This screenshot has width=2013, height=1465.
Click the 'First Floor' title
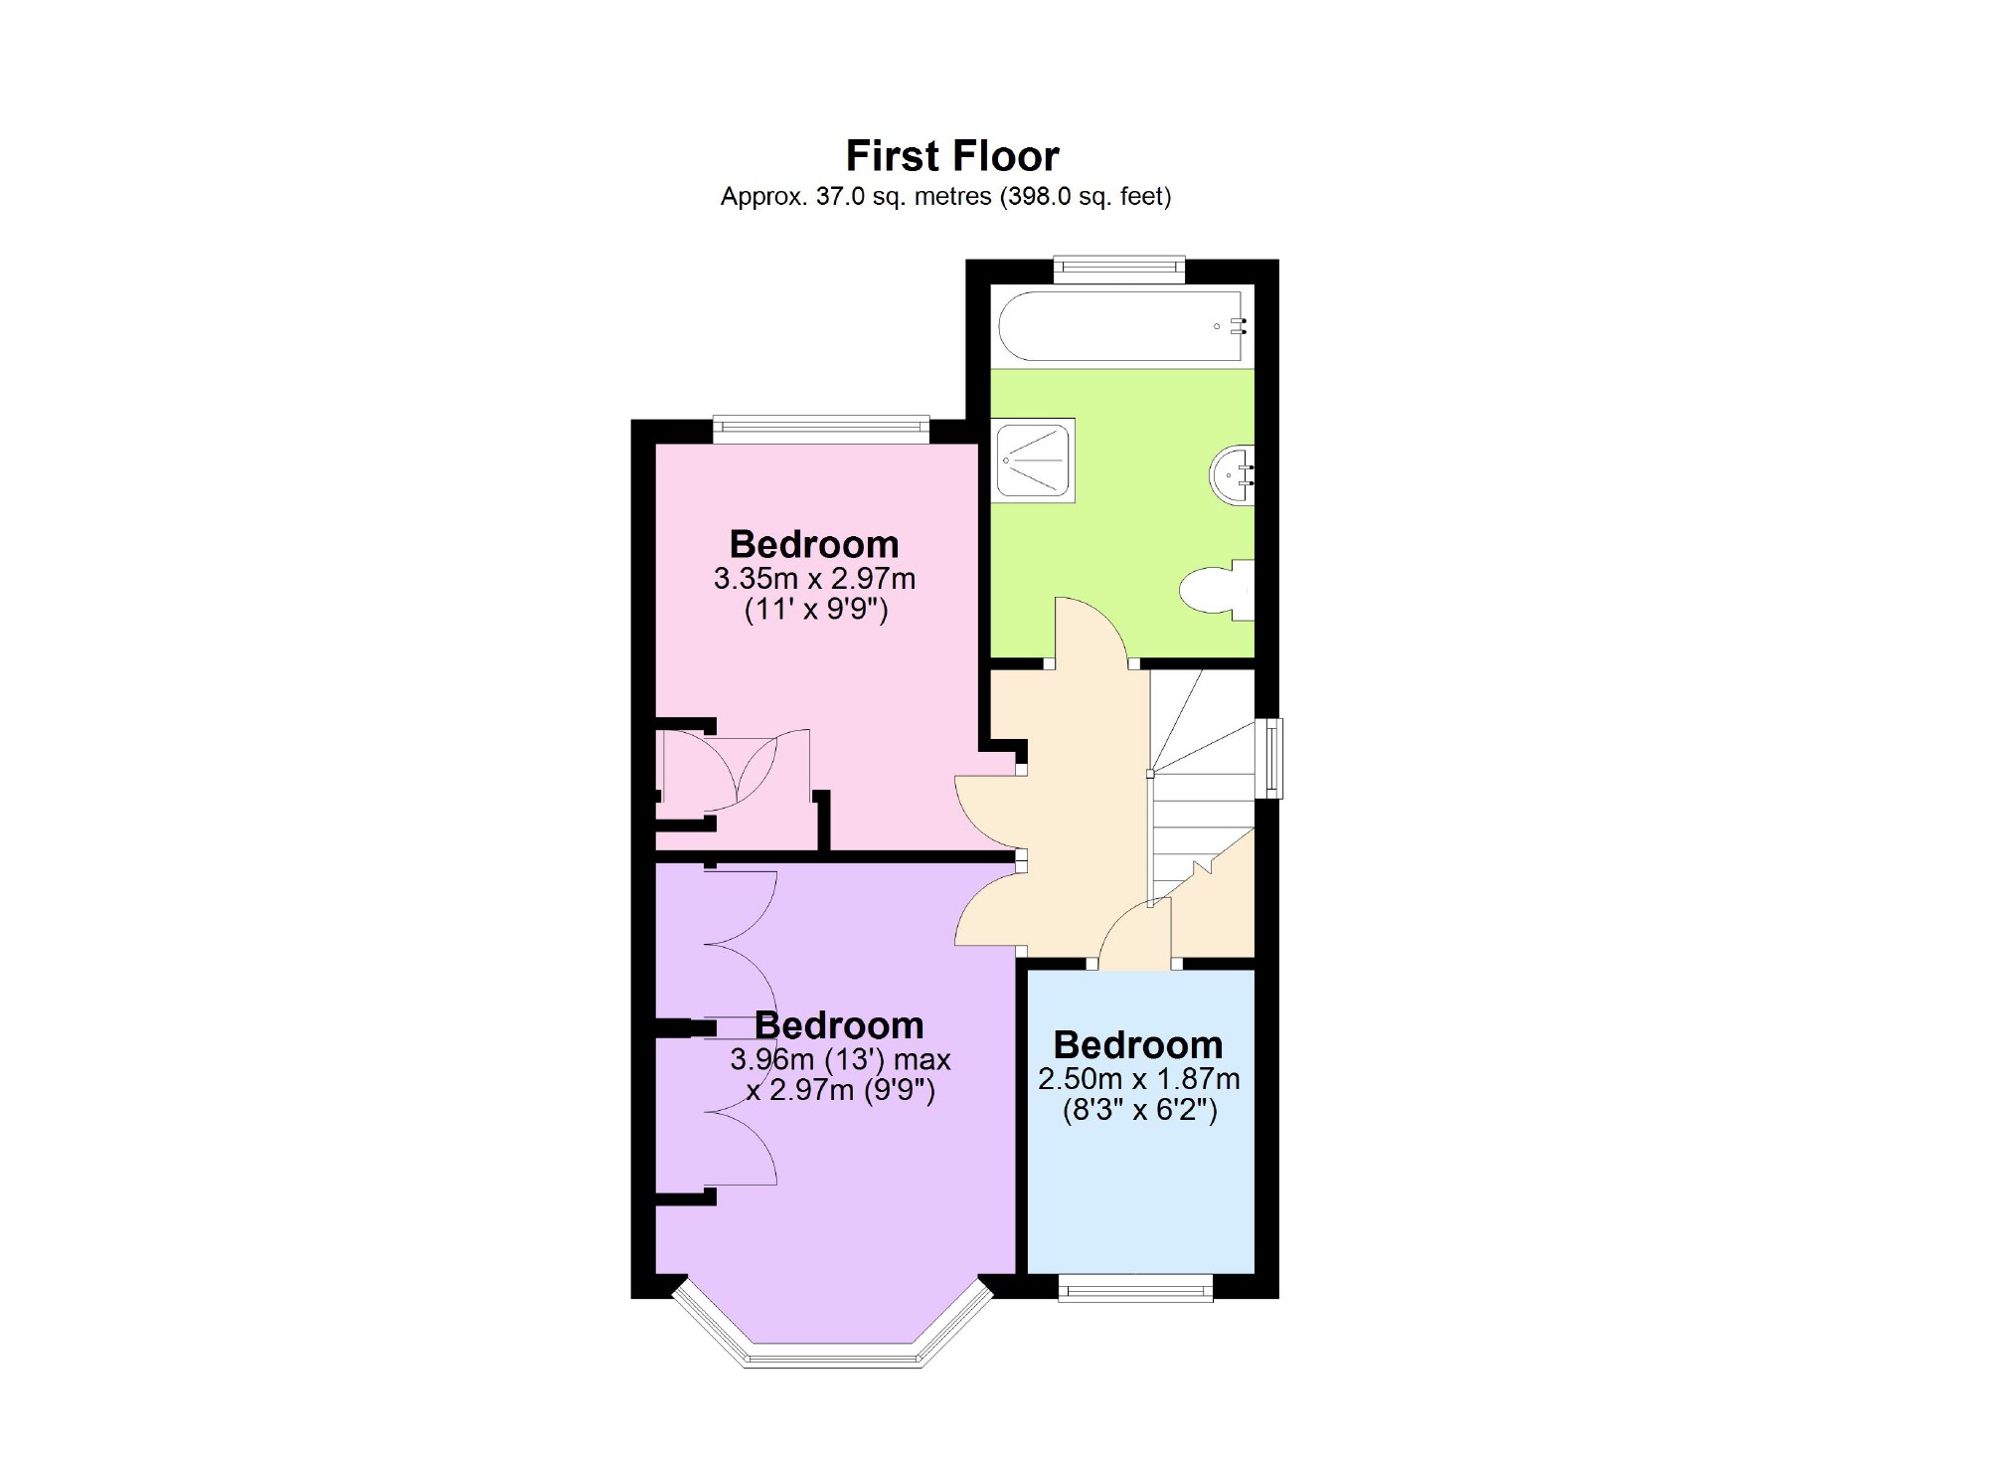(951, 156)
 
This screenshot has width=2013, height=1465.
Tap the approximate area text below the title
(945, 197)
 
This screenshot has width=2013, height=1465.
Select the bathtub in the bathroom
(1121, 326)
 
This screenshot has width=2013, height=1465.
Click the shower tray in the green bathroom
(1036, 459)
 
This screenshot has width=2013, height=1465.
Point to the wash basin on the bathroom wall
(1233, 476)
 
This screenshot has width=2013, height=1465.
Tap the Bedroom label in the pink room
(813, 544)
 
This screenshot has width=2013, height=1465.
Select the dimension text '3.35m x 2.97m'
(814, 578)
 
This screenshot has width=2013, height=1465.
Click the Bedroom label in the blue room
(1137, 1044)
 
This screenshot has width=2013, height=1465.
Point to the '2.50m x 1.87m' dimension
(1138, 1078)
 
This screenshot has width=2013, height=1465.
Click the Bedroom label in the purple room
(839, 1025)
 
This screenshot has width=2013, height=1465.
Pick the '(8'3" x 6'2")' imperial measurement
(1139, 1110)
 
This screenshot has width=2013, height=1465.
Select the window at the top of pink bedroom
(821, 430)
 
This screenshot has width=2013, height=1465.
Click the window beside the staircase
(1271, 758)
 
